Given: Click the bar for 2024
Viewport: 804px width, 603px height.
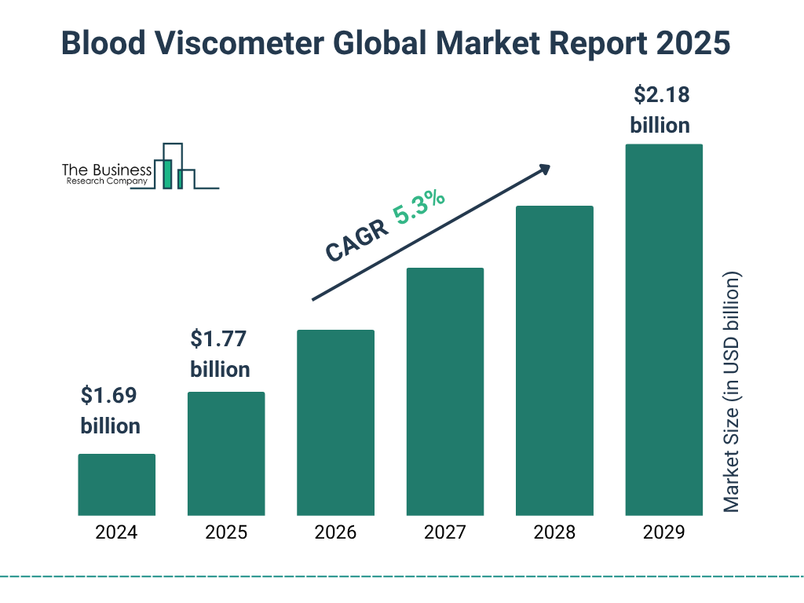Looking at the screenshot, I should (116, 484).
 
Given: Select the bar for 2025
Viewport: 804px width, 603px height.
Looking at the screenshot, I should (226, 454).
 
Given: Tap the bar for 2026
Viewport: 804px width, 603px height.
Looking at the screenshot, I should (335, 422).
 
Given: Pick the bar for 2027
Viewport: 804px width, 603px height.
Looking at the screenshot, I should (444, 392).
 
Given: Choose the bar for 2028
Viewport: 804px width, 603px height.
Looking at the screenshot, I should (554, 360).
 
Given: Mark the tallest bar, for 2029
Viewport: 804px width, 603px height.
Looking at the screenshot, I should (663, 330).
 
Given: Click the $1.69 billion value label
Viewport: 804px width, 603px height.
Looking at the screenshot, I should (110, 411).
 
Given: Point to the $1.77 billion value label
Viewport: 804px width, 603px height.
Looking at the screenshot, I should (220, 354).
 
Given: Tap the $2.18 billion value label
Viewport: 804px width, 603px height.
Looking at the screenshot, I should (660, 110).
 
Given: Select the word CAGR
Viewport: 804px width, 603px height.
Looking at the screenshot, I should (357, 241).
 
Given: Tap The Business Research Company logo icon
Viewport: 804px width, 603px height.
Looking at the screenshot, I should (175, 166).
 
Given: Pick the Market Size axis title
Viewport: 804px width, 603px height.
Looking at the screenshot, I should (732, 393).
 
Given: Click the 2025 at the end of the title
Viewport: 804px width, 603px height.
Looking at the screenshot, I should (692, 44).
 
